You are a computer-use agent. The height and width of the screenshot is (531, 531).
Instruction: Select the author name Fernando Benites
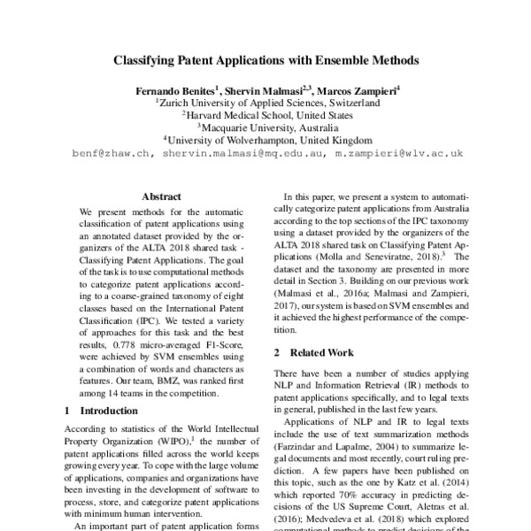pyautogui.click(x=173, y=90)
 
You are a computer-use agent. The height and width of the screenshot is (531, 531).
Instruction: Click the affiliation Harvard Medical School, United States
pyautogui.click(x=268, y=115)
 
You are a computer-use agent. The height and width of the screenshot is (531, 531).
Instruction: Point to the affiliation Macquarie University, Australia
pyautogui.click(x=268, y=127)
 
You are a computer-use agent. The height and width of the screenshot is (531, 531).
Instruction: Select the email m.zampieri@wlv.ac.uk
pyautogui.click(x=399, y=152)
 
